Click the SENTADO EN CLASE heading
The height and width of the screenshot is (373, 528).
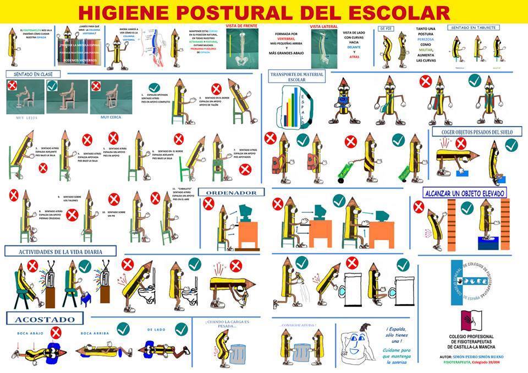coord(29,74)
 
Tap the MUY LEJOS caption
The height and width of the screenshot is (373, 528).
coord(25,117)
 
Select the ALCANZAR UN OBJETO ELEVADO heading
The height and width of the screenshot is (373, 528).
coord(465,193)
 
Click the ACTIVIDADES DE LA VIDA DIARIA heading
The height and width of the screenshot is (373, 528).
coord(60,251)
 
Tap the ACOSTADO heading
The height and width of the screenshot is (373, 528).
coord(45,319)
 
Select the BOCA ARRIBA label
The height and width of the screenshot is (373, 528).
coord(94,333)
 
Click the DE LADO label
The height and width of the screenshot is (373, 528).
coord(156,330)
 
